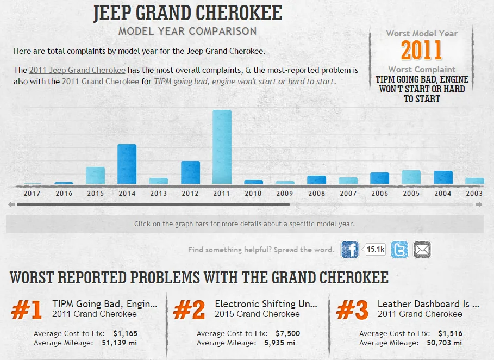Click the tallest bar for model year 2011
(x=222, y=147)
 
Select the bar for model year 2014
(x=127, y=164)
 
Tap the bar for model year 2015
(x=95, y=175)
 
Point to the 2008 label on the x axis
(x=316, y=193)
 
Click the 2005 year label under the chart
(x=411, y=193)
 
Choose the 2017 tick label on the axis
(x=32, y=193)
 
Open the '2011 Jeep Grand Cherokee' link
(x=77, y=70)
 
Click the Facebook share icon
(x=350, y=250)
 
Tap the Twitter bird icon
(x=399, y=250)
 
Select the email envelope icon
(x=422, y=250)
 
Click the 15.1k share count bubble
(x=376, y=250)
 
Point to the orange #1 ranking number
(x=27, y=310)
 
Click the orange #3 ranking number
(x=352, y=310)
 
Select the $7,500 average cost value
(x=287, y=333)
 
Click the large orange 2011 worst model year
(x=422, y=51)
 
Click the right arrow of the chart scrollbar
(x=478, y=204)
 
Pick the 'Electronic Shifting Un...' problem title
(x=266, y=304)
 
